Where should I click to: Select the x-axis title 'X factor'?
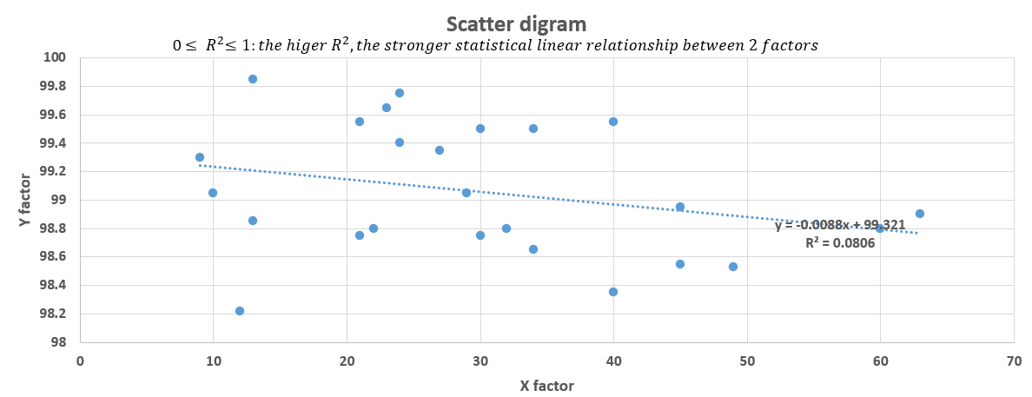coord(546,385)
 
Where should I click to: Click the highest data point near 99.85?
coord(253,79)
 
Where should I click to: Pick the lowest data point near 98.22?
coord(240,311)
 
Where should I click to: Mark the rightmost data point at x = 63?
coord(920,214)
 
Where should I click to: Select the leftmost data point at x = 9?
coord(200,157)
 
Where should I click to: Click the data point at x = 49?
coord(733,267)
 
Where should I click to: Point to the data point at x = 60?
coord(880,228)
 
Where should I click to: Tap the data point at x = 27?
coord(440,150)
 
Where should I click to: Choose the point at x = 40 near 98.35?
coord(613,292)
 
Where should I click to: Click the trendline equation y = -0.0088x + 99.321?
coord(840,225)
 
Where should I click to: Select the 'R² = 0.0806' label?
coord(840,243)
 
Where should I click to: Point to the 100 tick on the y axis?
coord(55,57)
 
